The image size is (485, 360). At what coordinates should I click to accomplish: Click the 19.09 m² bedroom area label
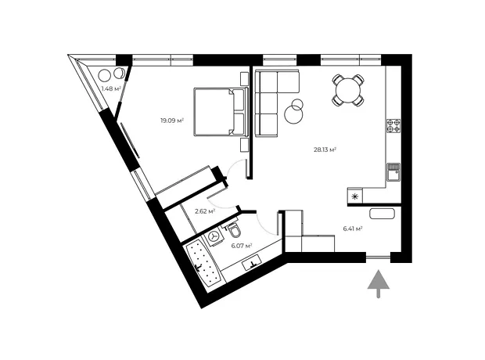(172, 121)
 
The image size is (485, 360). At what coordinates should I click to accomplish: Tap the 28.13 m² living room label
(325, 149)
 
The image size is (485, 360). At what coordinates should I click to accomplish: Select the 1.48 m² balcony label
(111, 89)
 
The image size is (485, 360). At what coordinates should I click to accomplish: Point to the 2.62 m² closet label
(205, 211)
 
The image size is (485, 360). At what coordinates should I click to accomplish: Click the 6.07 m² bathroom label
(242, 246)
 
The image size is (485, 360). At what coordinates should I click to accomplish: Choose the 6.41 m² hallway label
(353, 229)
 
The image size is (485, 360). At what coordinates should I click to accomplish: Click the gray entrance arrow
(378, 283)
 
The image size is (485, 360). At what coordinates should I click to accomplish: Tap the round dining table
(348, 90)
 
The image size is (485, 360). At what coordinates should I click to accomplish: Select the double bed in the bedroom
(221, 112)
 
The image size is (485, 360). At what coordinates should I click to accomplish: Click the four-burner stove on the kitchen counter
(393, 126)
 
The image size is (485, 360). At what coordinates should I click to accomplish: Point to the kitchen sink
(393, 172)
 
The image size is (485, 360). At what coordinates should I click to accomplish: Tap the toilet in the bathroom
(235, 229)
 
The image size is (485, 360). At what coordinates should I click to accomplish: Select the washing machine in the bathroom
(213, 237)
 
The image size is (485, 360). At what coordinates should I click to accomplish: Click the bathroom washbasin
(253, 264)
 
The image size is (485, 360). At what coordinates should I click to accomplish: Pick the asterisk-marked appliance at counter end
(355, 196)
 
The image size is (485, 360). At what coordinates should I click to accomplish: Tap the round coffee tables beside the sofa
(295, 111)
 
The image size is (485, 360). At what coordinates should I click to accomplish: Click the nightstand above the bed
(244, 78)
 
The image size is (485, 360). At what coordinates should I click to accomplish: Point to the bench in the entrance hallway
(382, 214)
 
